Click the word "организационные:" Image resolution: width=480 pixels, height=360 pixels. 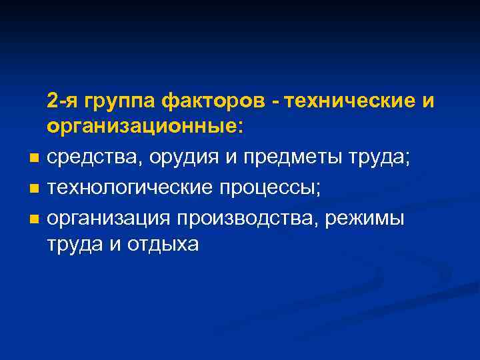[x=145, y=127]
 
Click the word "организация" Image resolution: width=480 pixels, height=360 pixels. [x=109, y=219]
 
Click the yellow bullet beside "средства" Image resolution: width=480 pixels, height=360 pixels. [x=33, y=159]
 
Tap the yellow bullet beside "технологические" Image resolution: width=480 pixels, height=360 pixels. [x=33, y=189]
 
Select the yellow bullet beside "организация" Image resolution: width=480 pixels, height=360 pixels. [x=33, y=219]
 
